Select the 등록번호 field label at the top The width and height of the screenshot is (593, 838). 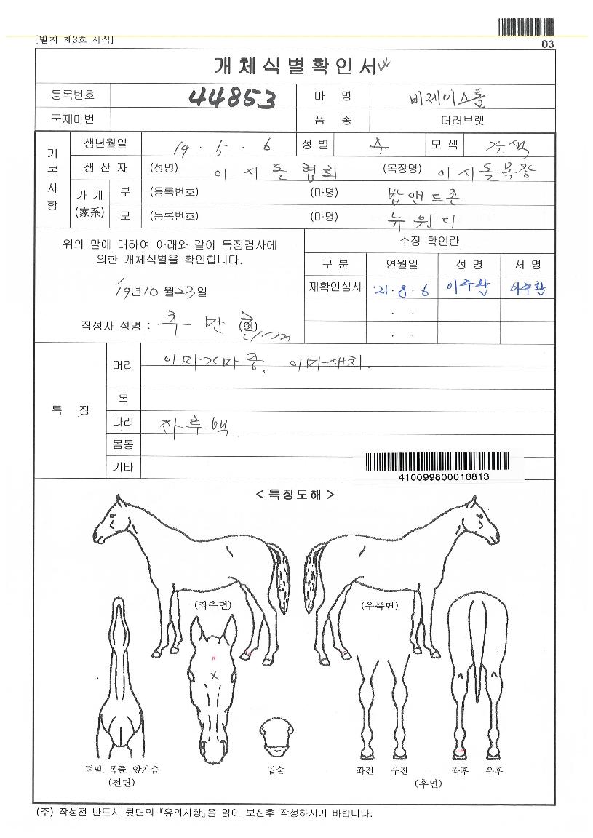72,95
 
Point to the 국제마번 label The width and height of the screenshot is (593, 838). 72,119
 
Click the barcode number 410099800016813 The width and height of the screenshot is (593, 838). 444,477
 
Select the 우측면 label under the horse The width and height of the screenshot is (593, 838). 379,604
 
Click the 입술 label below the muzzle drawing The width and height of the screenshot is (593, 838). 276,770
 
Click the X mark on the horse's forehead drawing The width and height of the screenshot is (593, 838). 215,676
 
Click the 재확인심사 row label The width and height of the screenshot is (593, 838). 335,287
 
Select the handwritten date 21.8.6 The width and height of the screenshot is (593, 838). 400,290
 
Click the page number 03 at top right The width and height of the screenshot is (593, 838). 547,44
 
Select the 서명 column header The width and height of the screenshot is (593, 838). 528,264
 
